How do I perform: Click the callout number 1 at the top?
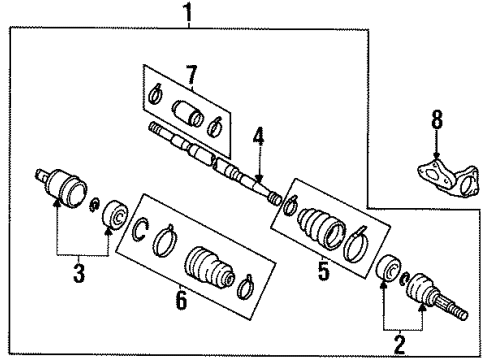pyautogui.click(x=189, y=12)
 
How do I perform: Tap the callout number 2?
pyautogui.click(x=400, y=345)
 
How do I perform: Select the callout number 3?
pyautogui.click(x=79, y=273)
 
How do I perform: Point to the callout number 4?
pyautogui.click(x=258, y=137)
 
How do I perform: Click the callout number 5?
pyautogui.click(x=323, y=270)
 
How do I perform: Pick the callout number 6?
pyautogui.click(x=181, y=300)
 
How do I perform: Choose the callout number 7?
pyautogui.click(x=191, y=74)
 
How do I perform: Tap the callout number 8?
pyautogui.click(x=437, y=119)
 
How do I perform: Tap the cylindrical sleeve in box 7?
pyautogui.click(x=188, y=113)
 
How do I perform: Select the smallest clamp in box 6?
pyautogui.click(x=246, y=287)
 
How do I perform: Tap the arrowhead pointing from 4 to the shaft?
pyautogui.click(x=259, y=179)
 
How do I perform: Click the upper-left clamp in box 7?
pyautogui.click(x=155, y=94)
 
